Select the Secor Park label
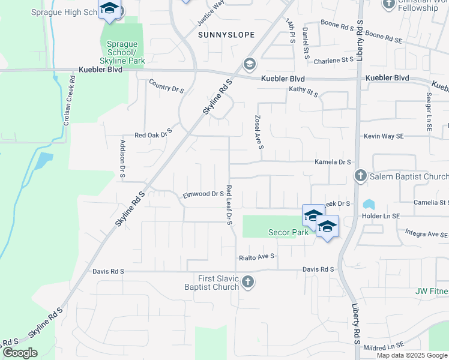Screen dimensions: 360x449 tap(288, 233)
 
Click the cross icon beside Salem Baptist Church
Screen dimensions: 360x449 tap(360, 176)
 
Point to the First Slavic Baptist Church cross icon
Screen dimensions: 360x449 tap(247, 282)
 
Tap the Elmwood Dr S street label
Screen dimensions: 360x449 tap(203, 194)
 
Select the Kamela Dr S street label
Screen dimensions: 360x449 tap(333, 162)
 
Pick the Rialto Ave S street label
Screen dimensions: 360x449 tap(256, 256)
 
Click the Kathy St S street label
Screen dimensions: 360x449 tap(303, 92)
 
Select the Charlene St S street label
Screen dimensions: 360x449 tap(334, 60)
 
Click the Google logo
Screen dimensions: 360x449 tap(20, 353)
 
